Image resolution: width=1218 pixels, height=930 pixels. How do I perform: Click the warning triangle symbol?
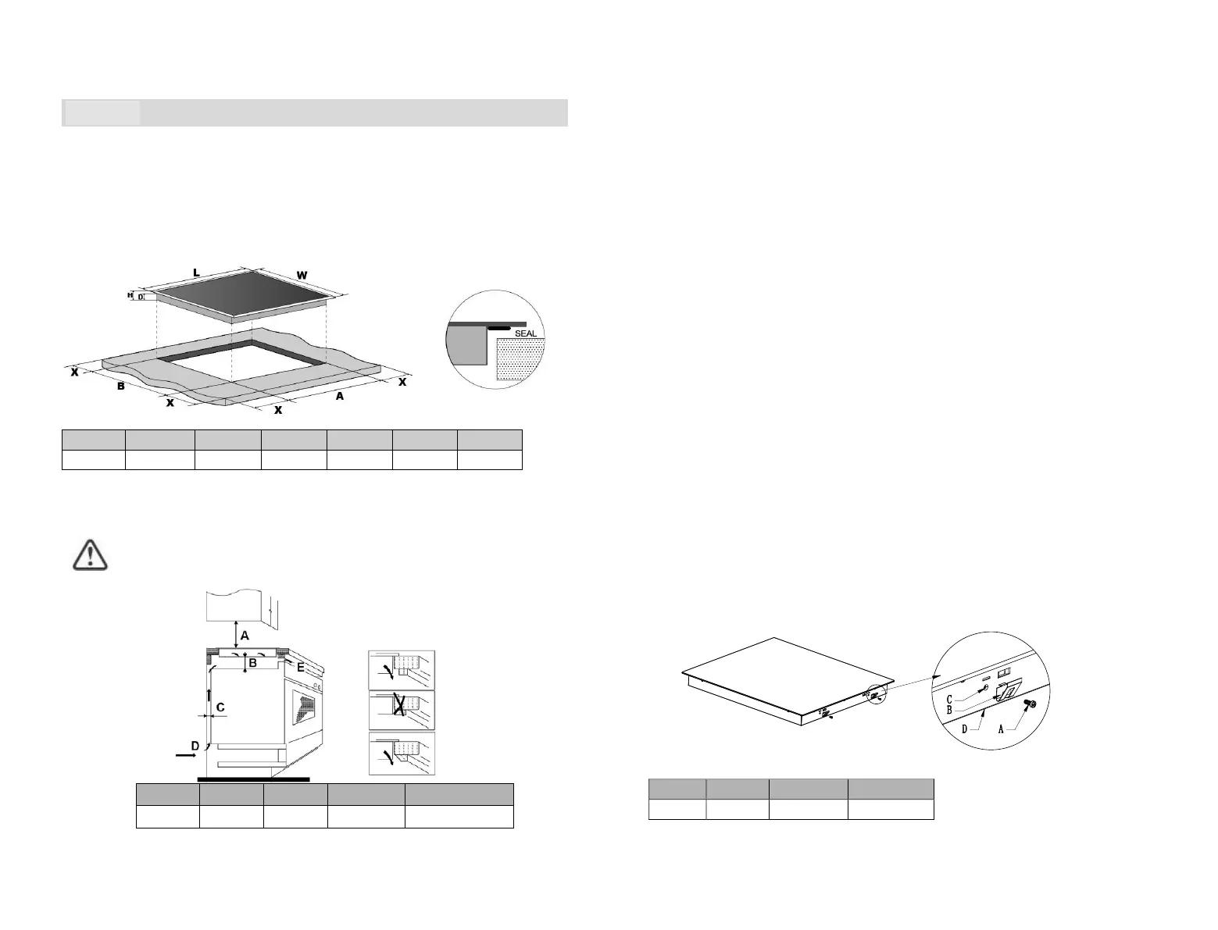click(91, 553)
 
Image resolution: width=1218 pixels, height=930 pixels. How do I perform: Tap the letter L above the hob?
click(196, 273)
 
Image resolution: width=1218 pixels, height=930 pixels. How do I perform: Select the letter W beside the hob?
click(302, 274)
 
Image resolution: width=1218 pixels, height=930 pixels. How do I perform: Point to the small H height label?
click(131, 295)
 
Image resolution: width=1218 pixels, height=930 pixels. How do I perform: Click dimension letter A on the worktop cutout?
click(340, 397)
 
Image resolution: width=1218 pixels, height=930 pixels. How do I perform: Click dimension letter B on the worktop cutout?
click(121, 386)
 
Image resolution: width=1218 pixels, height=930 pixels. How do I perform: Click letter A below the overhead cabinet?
click(245, 636)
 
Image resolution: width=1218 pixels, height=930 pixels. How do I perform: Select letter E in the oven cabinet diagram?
click(301, 667)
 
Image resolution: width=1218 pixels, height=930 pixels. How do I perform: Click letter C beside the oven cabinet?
click(220, 707)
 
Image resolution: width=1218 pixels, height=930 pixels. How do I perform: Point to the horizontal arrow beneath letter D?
click(186, 757)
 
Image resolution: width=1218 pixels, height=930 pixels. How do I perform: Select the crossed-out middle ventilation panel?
click(402, 710)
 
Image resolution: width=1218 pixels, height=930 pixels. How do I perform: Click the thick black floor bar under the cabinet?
click(253, 779)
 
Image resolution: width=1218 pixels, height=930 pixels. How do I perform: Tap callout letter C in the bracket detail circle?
click(949, 700)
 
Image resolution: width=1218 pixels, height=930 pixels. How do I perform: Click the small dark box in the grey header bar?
click(101, 112)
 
